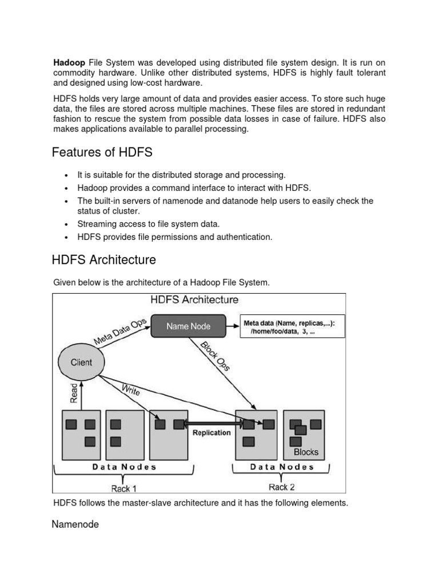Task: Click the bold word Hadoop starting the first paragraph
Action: [x=69, y=62]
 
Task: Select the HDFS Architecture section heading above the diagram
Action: [x=103, y=260]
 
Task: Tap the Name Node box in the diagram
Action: [x=188, y=326]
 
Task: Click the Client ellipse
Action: [x=81, y=362]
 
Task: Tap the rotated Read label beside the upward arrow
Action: [x=74, y=393]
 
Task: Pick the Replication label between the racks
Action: [x=211, y=432]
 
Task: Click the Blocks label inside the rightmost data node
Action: [x=306, y=452]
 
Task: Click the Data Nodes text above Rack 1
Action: [x=124, y=467]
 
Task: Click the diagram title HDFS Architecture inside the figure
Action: [x=194, y=299]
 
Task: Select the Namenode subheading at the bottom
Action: [x=75, y=524]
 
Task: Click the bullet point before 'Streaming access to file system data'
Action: [x=67, y=225]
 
